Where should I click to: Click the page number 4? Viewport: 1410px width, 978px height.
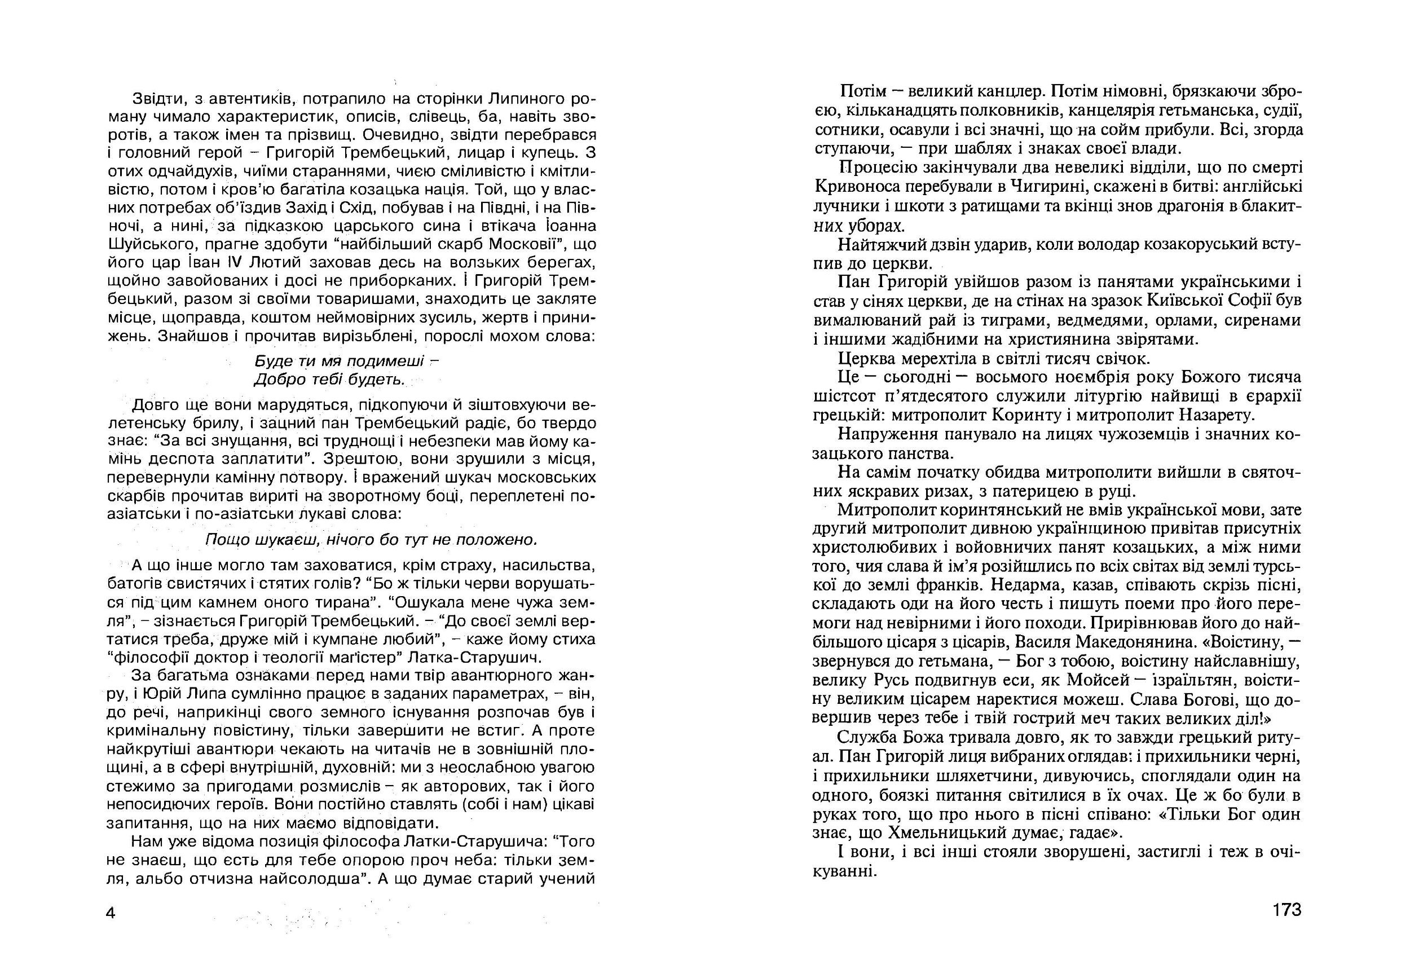coord(111,913)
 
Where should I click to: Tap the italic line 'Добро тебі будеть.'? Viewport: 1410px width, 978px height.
coord(330,380)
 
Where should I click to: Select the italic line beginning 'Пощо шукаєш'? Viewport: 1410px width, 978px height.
coord(371,539)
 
